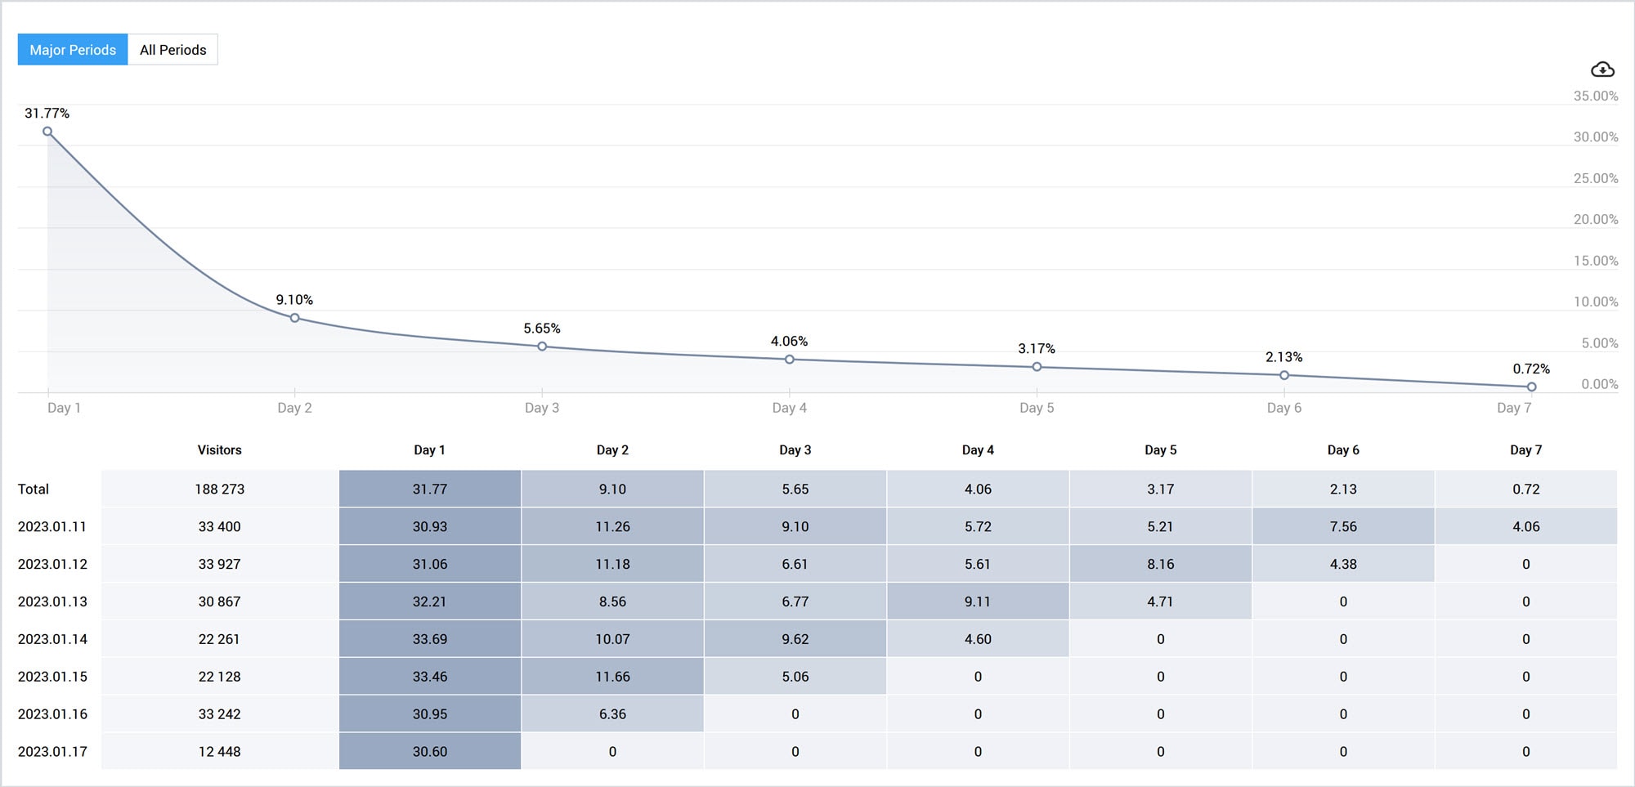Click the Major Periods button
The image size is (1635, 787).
click(x=73, y=50)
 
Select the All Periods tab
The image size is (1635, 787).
click(x=172, y=50)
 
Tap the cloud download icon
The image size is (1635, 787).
click(x=1602, y=69)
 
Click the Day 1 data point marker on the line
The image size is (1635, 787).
click(x=47, y=132)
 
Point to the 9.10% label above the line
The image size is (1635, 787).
click(x=294, y=300)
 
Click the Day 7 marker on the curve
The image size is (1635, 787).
click(x=1531, y=387)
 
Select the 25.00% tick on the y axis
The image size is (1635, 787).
click(x=1595, y=178)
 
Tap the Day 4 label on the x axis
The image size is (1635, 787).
click(x=789, y=408)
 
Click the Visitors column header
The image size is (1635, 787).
click(x=219, y=450)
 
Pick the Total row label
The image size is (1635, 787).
click(x=34, y=489)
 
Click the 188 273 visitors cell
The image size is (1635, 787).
click(x=219, y=489)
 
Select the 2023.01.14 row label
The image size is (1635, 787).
click(x=52, y=639)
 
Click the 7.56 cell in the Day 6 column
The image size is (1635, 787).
click(x=1343, y=526)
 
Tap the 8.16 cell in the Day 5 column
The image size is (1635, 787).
click(x=1160, y=564)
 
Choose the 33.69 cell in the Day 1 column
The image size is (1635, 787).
click(x=429, y=639)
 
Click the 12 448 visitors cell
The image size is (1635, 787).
click(x=219, y=751)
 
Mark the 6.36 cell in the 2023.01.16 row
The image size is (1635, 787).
click(x=612, y=714)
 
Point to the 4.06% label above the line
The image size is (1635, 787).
click(x=789, y=341)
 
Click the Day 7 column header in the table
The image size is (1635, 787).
click(x=1525, y=450)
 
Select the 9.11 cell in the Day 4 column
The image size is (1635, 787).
click(x=978, y=601)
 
